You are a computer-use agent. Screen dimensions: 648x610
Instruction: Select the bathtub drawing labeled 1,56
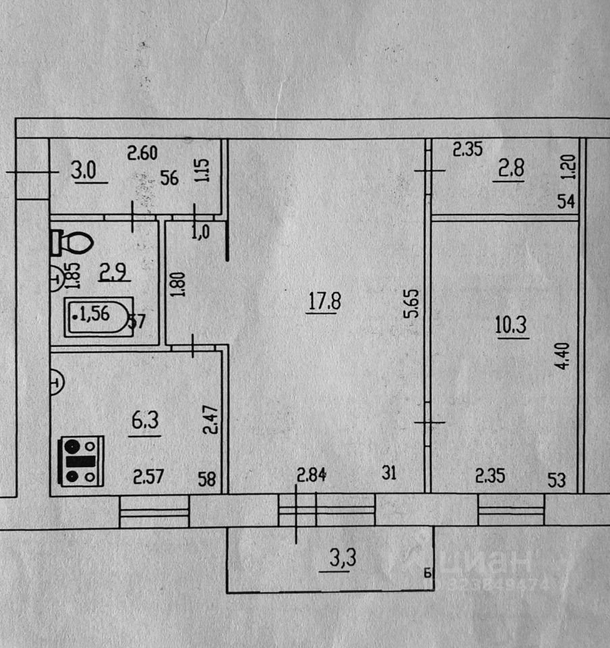[99, 315]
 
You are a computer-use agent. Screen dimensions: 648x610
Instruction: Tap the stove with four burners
[82, 460]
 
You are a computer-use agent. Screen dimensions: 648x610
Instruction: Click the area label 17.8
[325, 300]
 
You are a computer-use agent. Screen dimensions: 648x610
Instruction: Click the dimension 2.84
[312, 475]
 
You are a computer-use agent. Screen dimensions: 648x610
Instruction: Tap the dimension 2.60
[142, 153]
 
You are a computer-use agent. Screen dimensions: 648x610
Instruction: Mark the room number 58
[208, 479]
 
